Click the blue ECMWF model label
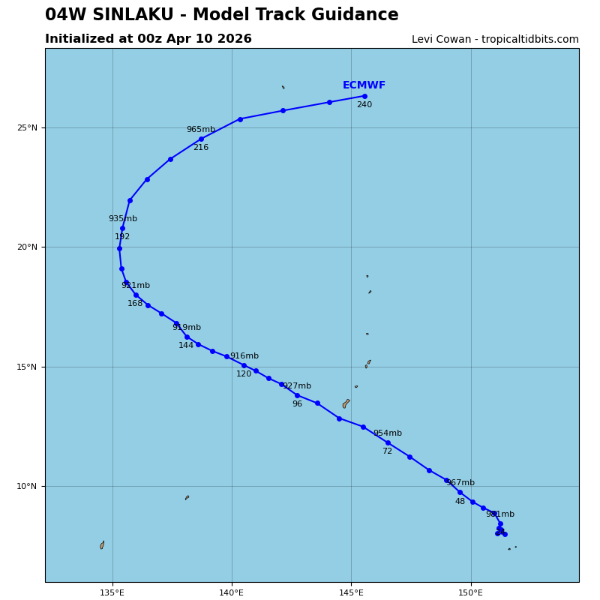(364, 85)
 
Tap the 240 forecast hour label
(364, 105)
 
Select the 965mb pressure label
(200, 130)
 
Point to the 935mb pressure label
(122, 219)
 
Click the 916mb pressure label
(244, 356)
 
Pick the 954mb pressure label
(387, 433)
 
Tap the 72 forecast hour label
(387, 451)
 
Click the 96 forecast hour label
(297, 404)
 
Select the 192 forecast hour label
(122, 237)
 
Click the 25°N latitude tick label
(27, 128)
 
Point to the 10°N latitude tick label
(27, 487)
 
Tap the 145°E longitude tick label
(351, 593)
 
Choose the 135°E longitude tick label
(112, 593)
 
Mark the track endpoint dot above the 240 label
(364, 96)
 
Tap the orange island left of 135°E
(102, 545)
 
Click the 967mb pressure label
(460, 483)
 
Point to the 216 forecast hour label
(200, 148)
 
